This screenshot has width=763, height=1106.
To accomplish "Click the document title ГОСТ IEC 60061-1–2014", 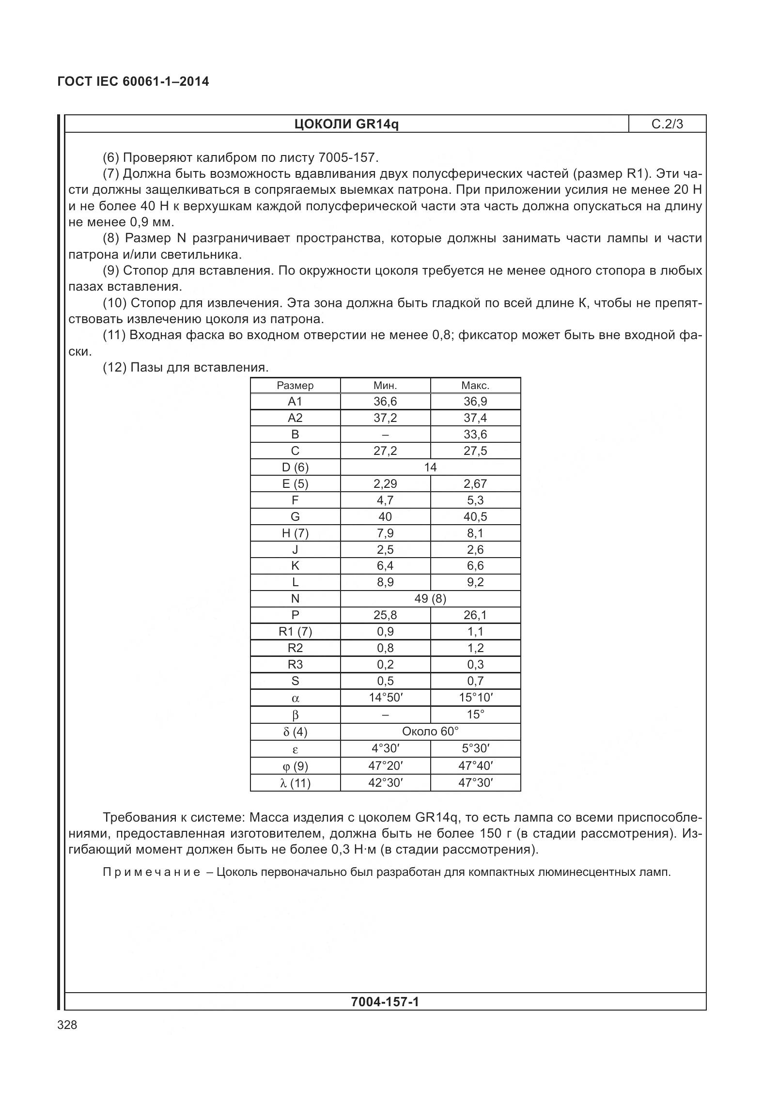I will [x=133, y=81].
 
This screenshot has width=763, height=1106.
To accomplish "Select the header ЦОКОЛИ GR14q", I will [x=346, y=124].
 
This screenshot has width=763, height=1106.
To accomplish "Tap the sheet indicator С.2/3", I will [x=667, y=124].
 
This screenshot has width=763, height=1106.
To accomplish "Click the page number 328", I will [x=67, y=1025].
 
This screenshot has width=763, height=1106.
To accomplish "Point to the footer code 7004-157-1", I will [x=385, y=1001].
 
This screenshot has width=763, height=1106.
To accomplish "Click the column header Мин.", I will [x=385, y=386].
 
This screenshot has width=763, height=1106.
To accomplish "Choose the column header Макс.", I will [x=475, y=386].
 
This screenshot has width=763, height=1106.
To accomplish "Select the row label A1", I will [x=295, y=402].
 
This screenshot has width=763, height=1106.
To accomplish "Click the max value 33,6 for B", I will [x=475, y=435].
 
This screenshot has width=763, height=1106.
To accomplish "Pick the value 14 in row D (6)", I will [x=430, y=467].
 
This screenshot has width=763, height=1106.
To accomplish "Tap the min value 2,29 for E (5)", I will [x=385, y=484].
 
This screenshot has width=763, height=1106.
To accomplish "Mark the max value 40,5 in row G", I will [x=475, y=517].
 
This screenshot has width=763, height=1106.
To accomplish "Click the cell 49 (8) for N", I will [x=430, y=599].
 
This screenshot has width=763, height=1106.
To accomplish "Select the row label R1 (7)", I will [x=295, y=632].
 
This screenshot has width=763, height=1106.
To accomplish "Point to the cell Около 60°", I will [x=430, y=731].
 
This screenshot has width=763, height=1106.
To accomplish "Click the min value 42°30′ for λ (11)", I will [x=385, y=783].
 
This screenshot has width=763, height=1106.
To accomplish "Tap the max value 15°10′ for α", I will [x=475, y=698].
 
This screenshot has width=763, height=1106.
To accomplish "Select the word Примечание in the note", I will [x=152, y=872].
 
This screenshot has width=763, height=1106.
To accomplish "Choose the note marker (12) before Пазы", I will [x=114, y=367].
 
